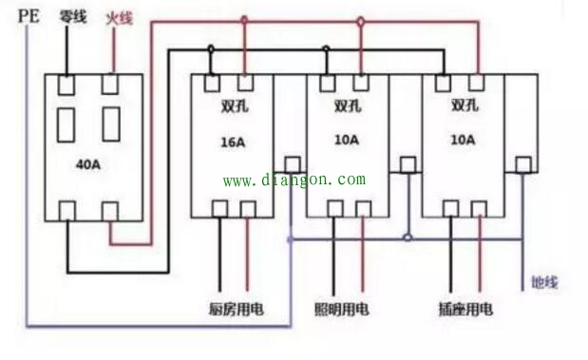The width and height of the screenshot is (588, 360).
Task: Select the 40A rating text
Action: tap(87, 164)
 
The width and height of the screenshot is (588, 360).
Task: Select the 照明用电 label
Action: tap(342, 309)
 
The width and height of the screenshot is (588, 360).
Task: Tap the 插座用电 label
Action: tap(465, 309)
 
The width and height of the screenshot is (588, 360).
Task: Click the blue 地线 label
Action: tap(545, 281)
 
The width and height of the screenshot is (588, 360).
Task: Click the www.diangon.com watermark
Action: tap(294, 180)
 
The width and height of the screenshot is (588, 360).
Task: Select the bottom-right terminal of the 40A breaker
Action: tap(111, 209)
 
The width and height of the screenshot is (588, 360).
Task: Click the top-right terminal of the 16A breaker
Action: tap(245, 83)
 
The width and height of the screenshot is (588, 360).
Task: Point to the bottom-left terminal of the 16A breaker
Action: tap(218, 209)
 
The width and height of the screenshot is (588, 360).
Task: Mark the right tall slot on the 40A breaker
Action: tap(111, 124)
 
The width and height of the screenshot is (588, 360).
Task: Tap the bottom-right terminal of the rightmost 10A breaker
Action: tap(476, 209)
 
